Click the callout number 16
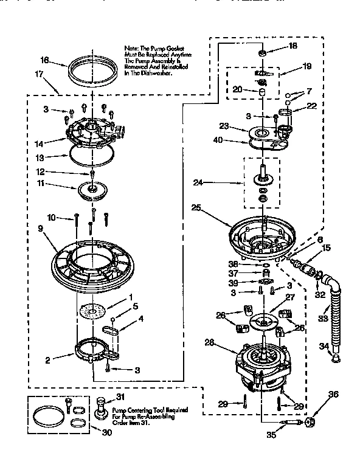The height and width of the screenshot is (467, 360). point(44,61)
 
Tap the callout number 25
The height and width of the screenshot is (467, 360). point(195,207)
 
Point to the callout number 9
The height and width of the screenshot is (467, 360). point(41,229)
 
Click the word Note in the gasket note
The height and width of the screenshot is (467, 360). point(131,47)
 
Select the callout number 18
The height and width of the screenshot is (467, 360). point(292,46)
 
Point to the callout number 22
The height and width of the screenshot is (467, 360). point(312,105)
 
